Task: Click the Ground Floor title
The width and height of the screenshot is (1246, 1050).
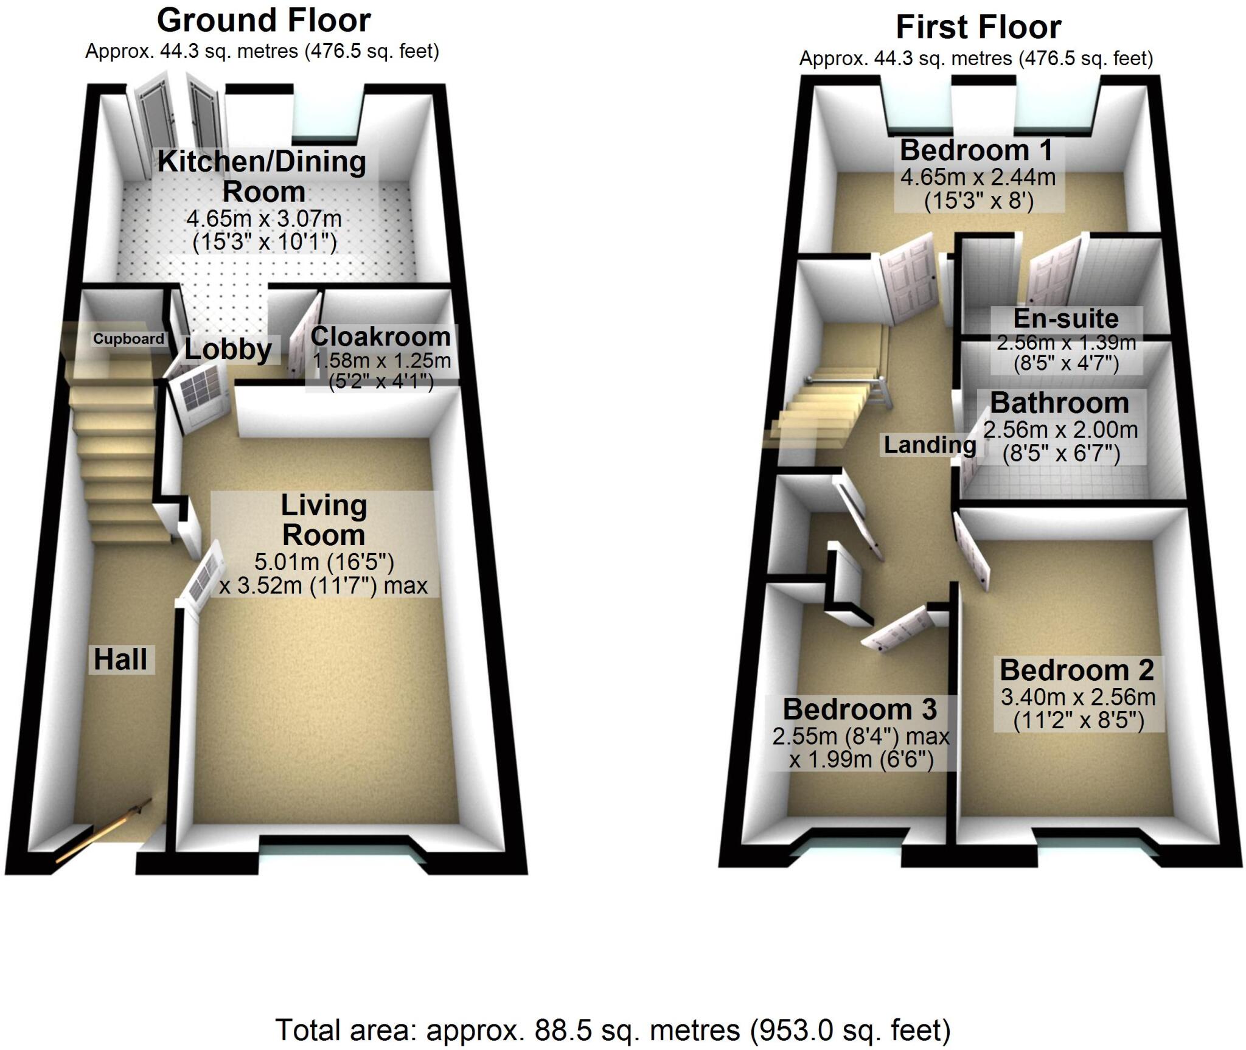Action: coord(263,21)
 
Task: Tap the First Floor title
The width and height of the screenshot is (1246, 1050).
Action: coord(978,28)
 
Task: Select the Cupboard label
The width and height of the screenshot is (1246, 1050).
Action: coord(128,339)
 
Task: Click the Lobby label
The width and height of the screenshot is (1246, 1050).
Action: coord(228,349)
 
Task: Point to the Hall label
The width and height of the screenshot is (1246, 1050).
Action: coord(120,659)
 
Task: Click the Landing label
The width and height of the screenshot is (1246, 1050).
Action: coord(930,445)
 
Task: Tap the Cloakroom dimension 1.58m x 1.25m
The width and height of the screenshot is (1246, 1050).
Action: coord(381,361)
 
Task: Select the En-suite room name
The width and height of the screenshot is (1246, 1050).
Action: coord(1066,319)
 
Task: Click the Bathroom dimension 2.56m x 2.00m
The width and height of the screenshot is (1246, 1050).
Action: coord(1060,430)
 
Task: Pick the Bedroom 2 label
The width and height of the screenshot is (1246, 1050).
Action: coord(1076,670)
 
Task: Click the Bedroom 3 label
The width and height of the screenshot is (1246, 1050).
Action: coord(860,709)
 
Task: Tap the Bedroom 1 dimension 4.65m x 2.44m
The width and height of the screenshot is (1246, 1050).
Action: coord(978,177)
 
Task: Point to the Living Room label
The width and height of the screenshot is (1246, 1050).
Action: coord(324,520)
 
